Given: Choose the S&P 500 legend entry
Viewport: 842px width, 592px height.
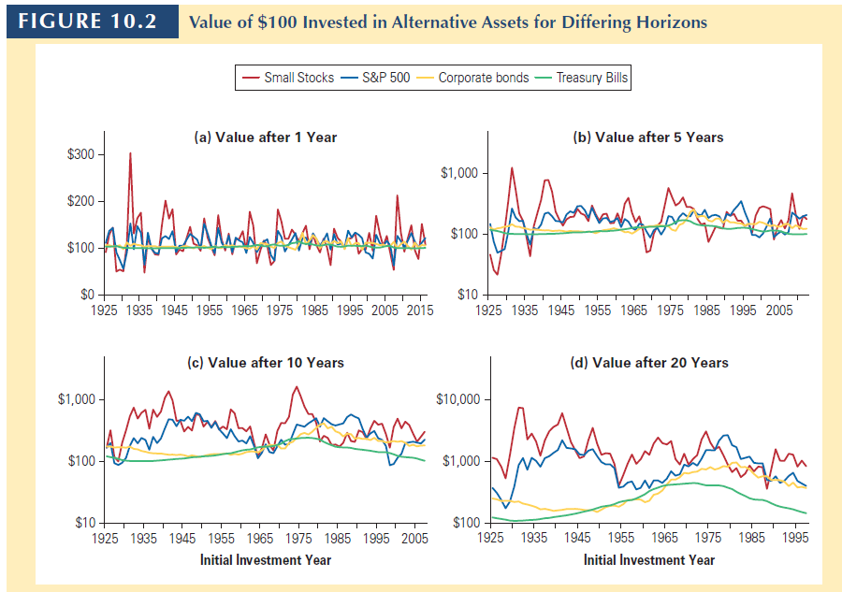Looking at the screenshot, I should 386,78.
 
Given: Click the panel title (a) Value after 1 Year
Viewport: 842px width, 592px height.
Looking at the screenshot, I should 265,137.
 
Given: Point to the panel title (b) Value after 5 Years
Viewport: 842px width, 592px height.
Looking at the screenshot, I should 647,137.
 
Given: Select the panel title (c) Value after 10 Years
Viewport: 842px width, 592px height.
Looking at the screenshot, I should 266,362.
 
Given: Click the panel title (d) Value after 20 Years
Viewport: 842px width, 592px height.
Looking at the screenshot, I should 648,362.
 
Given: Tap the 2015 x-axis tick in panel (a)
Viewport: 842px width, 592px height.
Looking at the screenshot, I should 419,310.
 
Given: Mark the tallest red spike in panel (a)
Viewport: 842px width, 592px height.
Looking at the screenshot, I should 130,153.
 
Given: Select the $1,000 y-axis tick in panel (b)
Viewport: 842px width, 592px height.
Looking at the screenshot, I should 457,173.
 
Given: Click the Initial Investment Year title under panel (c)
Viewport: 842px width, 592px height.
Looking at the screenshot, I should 265,560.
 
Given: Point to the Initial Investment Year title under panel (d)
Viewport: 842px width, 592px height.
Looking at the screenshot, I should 648,560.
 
